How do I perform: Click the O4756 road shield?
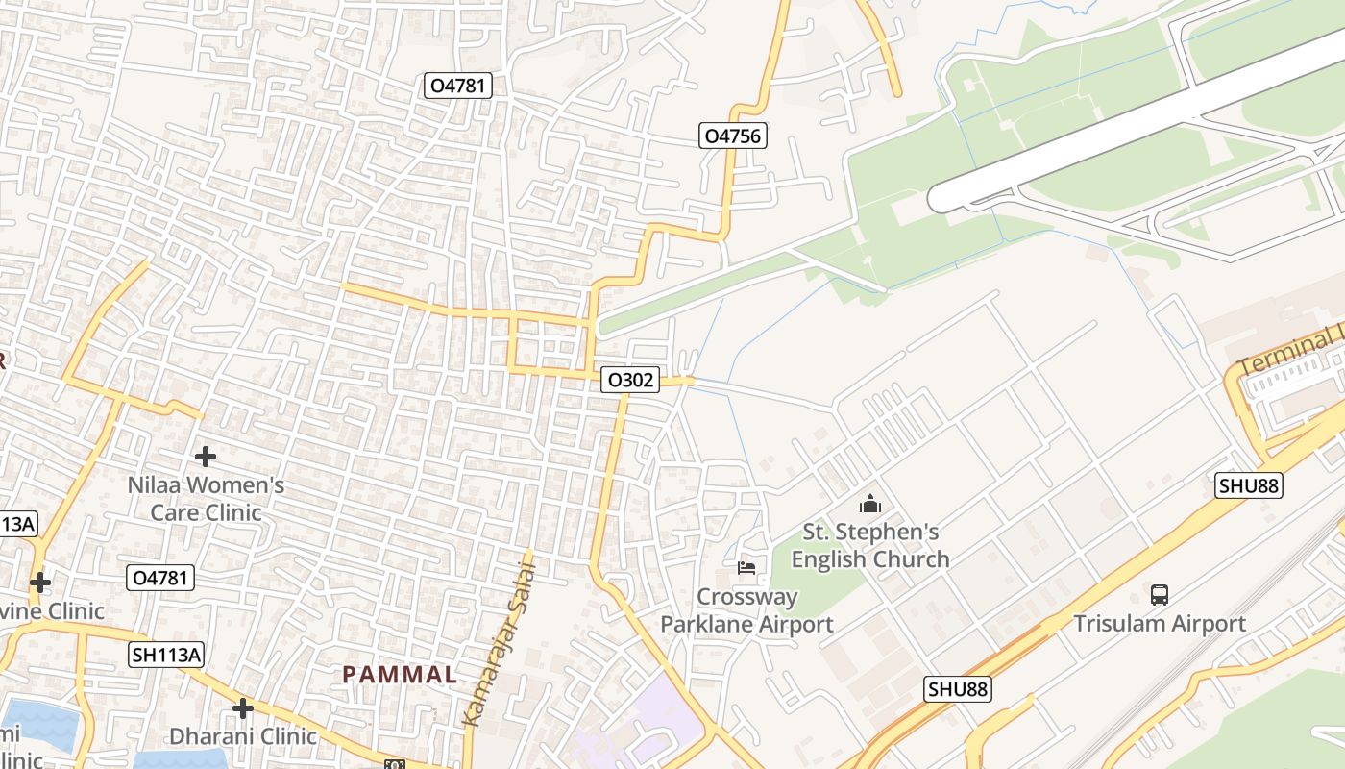click(x=732, y=136)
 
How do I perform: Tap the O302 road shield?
click(x=630, y=380)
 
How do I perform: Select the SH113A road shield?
click(x=167, y=655)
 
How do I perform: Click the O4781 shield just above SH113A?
click(x=160, y=578)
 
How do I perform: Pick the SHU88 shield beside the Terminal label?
click(x=1248, y=485)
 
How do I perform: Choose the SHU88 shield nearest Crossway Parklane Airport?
click(x=958, y=689)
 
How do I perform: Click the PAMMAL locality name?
click(x=400, y=675)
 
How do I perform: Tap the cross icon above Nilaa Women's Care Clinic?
click(x=205, y=457)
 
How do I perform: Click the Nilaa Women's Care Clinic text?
click(x=206, y=499)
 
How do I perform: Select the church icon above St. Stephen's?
click(x=870, y=503)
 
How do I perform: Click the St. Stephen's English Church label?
click(x=870, y=545)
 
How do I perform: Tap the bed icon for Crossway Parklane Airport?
click(x=746, y=568)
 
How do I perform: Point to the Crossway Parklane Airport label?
click(x=746, y=610)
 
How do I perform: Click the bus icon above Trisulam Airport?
click(x=1160, y=594)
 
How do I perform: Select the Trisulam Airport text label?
click(x=1160, y=624)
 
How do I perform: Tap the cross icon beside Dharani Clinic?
click(x=243, y=708)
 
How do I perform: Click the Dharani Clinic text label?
click(x=243, y=736)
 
